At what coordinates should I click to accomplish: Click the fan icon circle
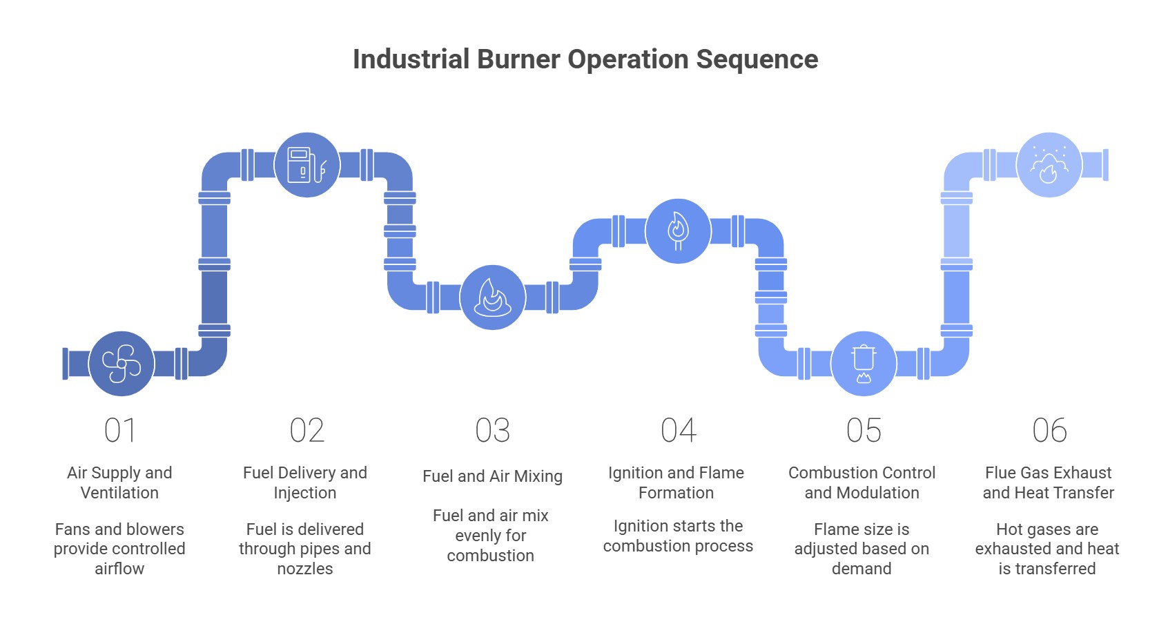point(121,364)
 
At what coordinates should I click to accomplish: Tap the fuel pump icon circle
point(307,165)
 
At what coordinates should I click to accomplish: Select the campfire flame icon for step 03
point(492,298)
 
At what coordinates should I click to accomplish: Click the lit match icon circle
point(678,231)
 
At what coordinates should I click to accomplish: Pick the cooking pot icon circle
point(863,364)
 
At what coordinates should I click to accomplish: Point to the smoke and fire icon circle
point(1049,165)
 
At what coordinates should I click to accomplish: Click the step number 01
point(120,431)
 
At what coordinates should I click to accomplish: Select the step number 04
point(678,431)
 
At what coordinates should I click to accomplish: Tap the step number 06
point(1049,431)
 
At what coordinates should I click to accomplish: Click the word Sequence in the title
point(757,59)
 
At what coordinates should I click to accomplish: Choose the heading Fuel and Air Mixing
point(492,476)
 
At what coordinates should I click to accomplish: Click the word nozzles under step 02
point(305,569)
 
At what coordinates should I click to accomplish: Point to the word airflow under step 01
point(119,569)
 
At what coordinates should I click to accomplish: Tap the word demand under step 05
point(862,569)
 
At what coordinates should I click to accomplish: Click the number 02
point(306,431)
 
